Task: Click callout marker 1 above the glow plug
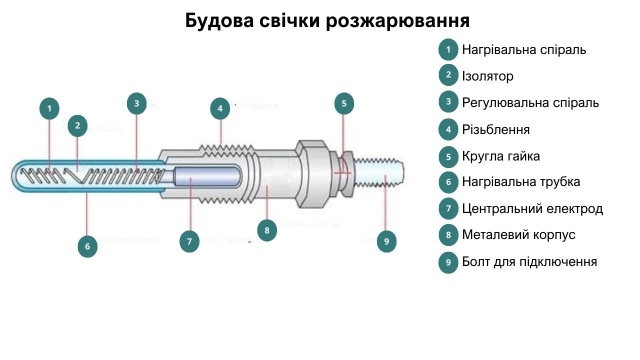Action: pyautogui.click(x=49, y=108)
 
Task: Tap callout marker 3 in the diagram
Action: pyautogui.click(x=136, y=103)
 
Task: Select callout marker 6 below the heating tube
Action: pyautogui.click(x=87, y=246)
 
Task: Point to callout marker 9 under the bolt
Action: pyautogui.click(x=386, y=241)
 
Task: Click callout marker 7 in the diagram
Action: pyautogui.click(x=189, y=241)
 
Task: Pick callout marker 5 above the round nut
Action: pyautogui.click(x=344, y=103)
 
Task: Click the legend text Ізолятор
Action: pyautogui.click(x=487, y=76)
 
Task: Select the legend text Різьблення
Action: pyautogui.click(x=495, y=129)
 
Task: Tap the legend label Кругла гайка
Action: pyautogui.click(x=501, y=156)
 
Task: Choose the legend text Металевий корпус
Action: pyautogui.click(x=518, y=234)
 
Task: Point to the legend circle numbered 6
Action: pyautogui.click(x=448, y=182)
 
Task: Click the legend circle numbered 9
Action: pyautogui.click(x=448, y=262)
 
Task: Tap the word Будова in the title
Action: pyautogui.click(x=219, y=21)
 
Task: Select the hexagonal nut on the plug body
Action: pyautogui.click(x=312, y=173)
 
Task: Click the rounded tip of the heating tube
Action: pyautogui.click(x=15, y=176)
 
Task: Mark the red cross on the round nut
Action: pyautogui.click(x=343, y=173)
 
